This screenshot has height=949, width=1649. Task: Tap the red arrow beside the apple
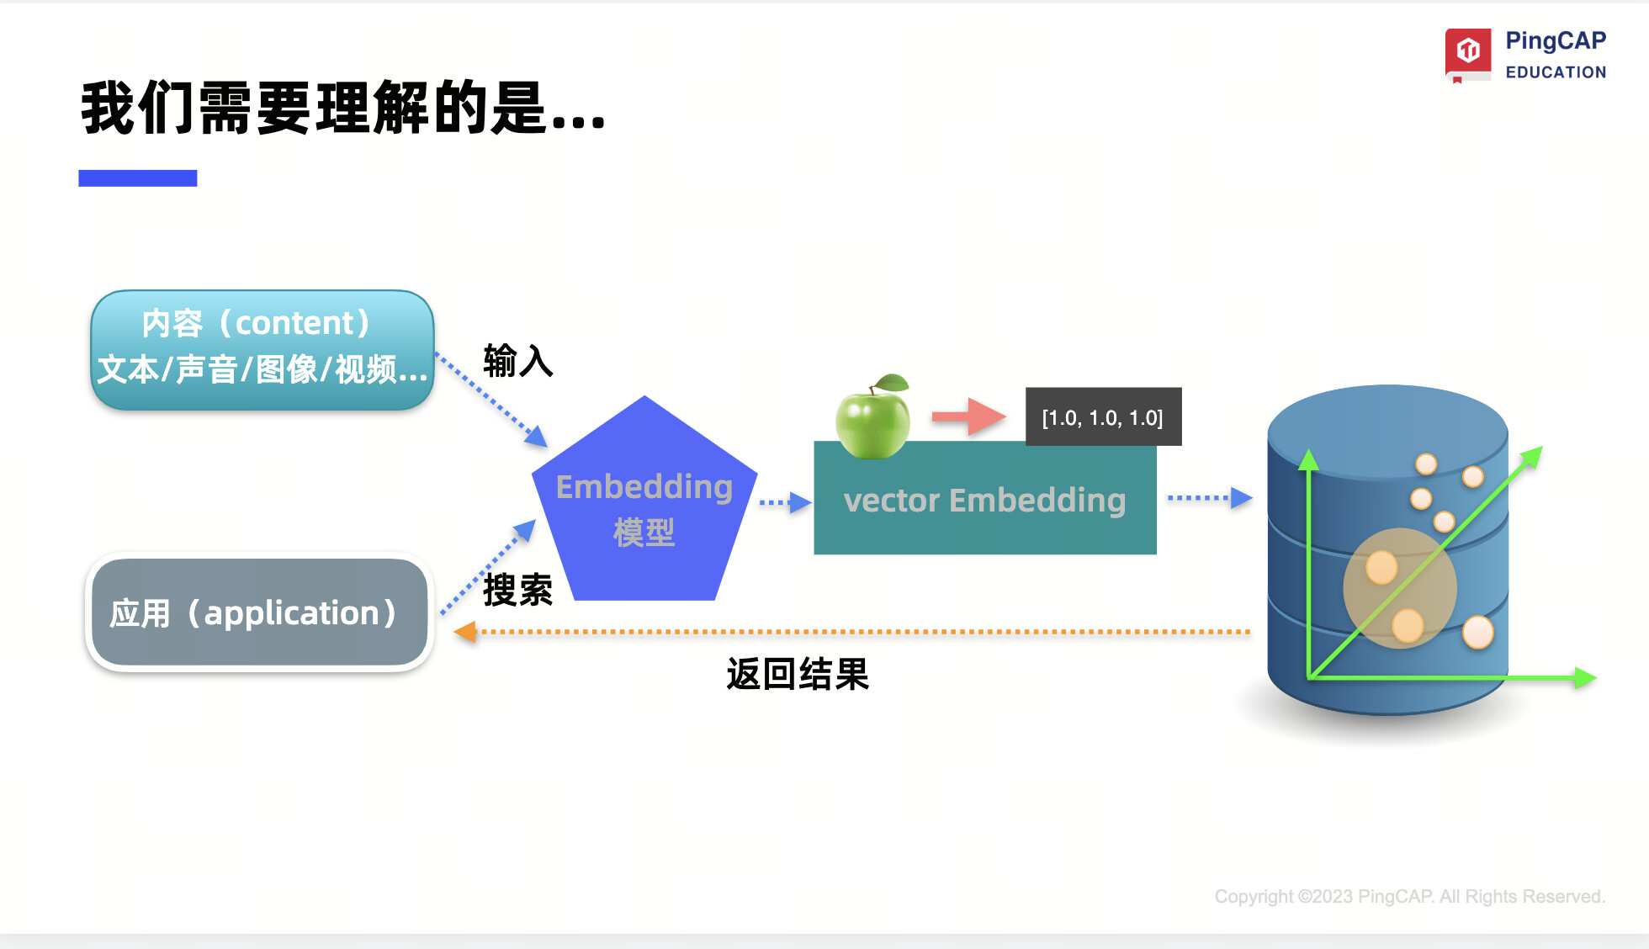pos(968,416)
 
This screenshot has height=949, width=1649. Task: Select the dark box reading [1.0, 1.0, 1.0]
pos(1103,417)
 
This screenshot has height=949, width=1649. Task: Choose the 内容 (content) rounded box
pos(262,349)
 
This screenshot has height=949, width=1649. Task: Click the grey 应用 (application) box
pos(259,612)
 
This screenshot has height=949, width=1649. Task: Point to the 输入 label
pos(517,361)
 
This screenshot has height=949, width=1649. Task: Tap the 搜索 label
pos(517,589)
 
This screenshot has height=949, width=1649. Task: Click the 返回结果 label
pos(797,674)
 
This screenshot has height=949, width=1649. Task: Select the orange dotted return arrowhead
pos(464,632)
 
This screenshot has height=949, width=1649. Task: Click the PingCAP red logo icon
pos(1468,52)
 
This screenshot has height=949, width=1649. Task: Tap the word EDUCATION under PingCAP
pos(1556,72)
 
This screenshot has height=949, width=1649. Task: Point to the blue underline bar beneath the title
pos(138,178)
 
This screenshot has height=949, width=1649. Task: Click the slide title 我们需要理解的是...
pos(342,108)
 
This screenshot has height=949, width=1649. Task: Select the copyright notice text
pos(1409,896)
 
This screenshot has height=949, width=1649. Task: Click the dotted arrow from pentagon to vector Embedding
pos(785,503)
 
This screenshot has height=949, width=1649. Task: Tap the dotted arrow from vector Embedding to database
pos(1210,498)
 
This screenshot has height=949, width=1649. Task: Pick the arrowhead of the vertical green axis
pos(1308,459)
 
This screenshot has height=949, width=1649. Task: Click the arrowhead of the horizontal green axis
pos(1584,677)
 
